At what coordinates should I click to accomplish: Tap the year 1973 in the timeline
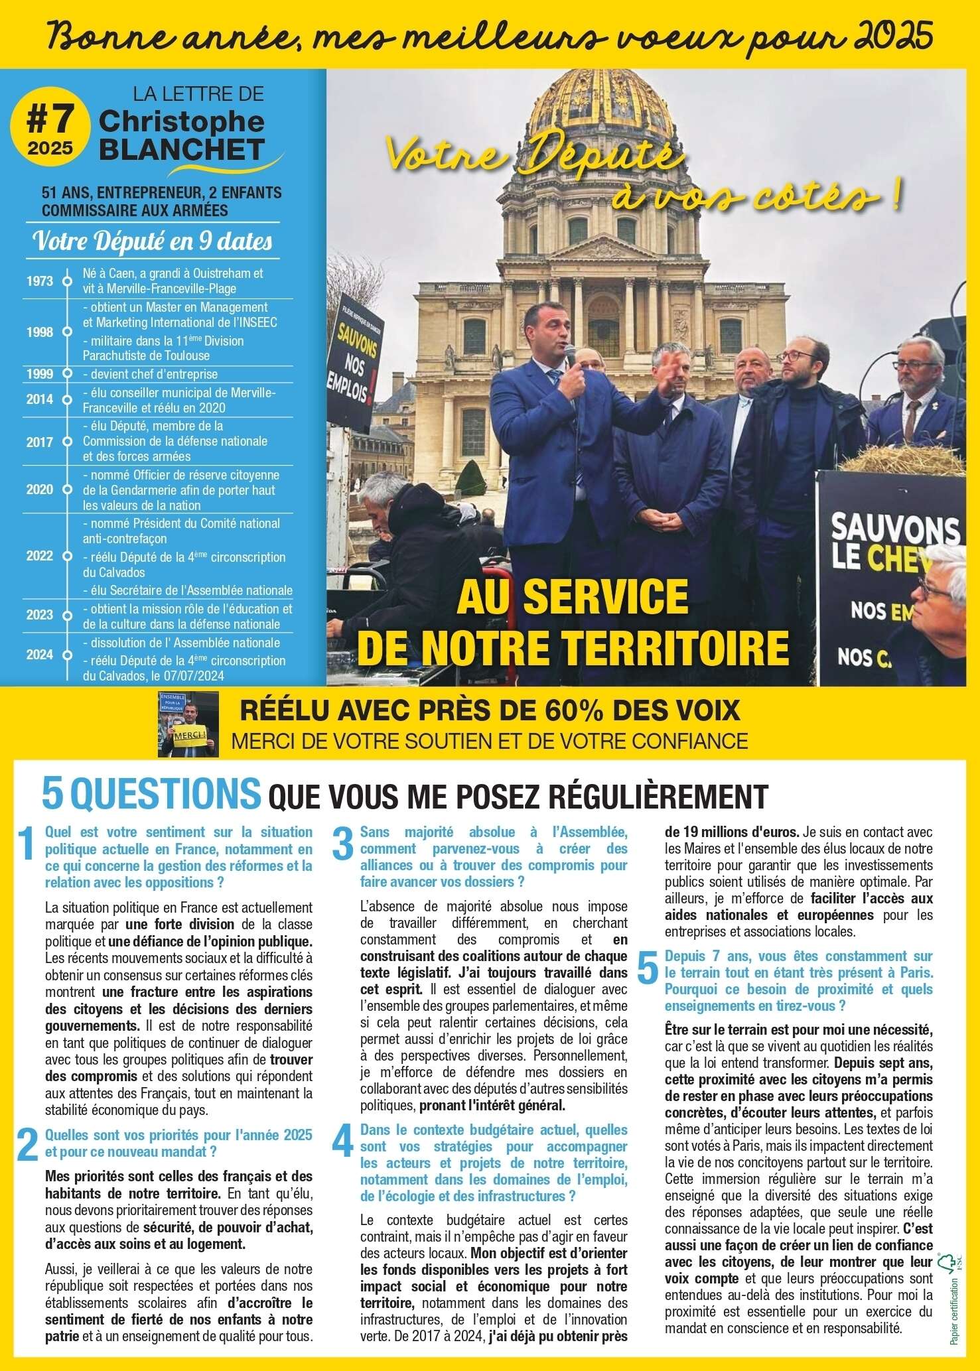click(x=40, y=281)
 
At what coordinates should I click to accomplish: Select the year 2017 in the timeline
click(x=40, y=441)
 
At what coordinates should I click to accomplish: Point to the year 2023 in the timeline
click(x=40, y=615)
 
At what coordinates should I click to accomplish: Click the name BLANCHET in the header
click(x=181, y=149)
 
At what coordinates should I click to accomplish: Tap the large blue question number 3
click(x=343, y=846)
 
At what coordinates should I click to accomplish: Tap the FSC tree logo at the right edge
click(x=946, y=1263)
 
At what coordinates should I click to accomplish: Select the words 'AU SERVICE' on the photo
click(x=573, y=598)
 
